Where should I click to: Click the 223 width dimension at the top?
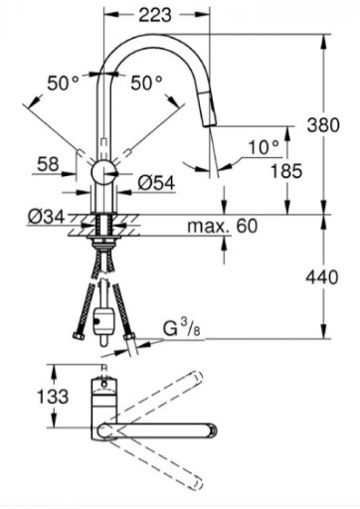point(155,16)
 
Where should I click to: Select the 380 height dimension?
point(323,125)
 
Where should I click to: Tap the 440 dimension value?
point(322,277)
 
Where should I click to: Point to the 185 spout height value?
point(286,171)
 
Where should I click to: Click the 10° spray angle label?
point(264,147)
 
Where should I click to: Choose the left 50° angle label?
point(63,83)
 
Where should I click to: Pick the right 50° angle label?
point(146,83)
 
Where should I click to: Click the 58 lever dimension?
point(48,164)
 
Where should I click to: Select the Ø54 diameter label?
point(156,183)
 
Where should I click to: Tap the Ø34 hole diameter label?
point(46,217)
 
